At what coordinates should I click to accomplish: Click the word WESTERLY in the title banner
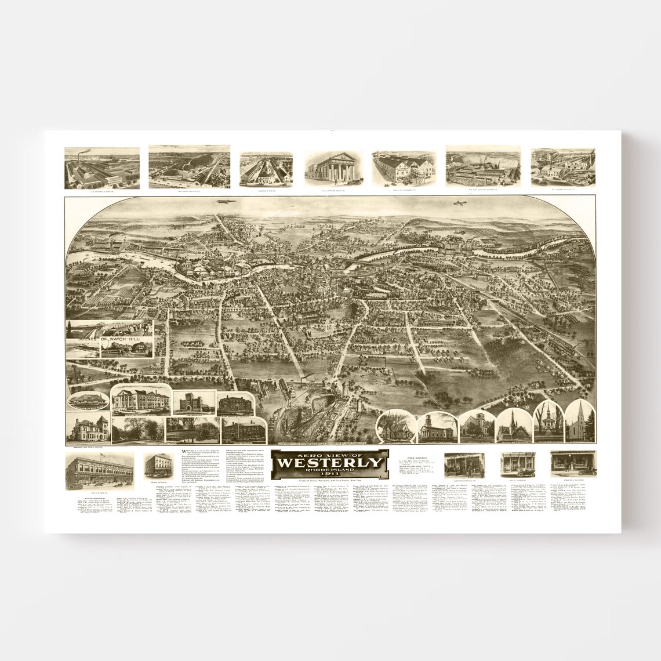329,462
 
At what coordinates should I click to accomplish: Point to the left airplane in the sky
222,202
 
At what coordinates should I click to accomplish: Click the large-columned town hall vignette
141,401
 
